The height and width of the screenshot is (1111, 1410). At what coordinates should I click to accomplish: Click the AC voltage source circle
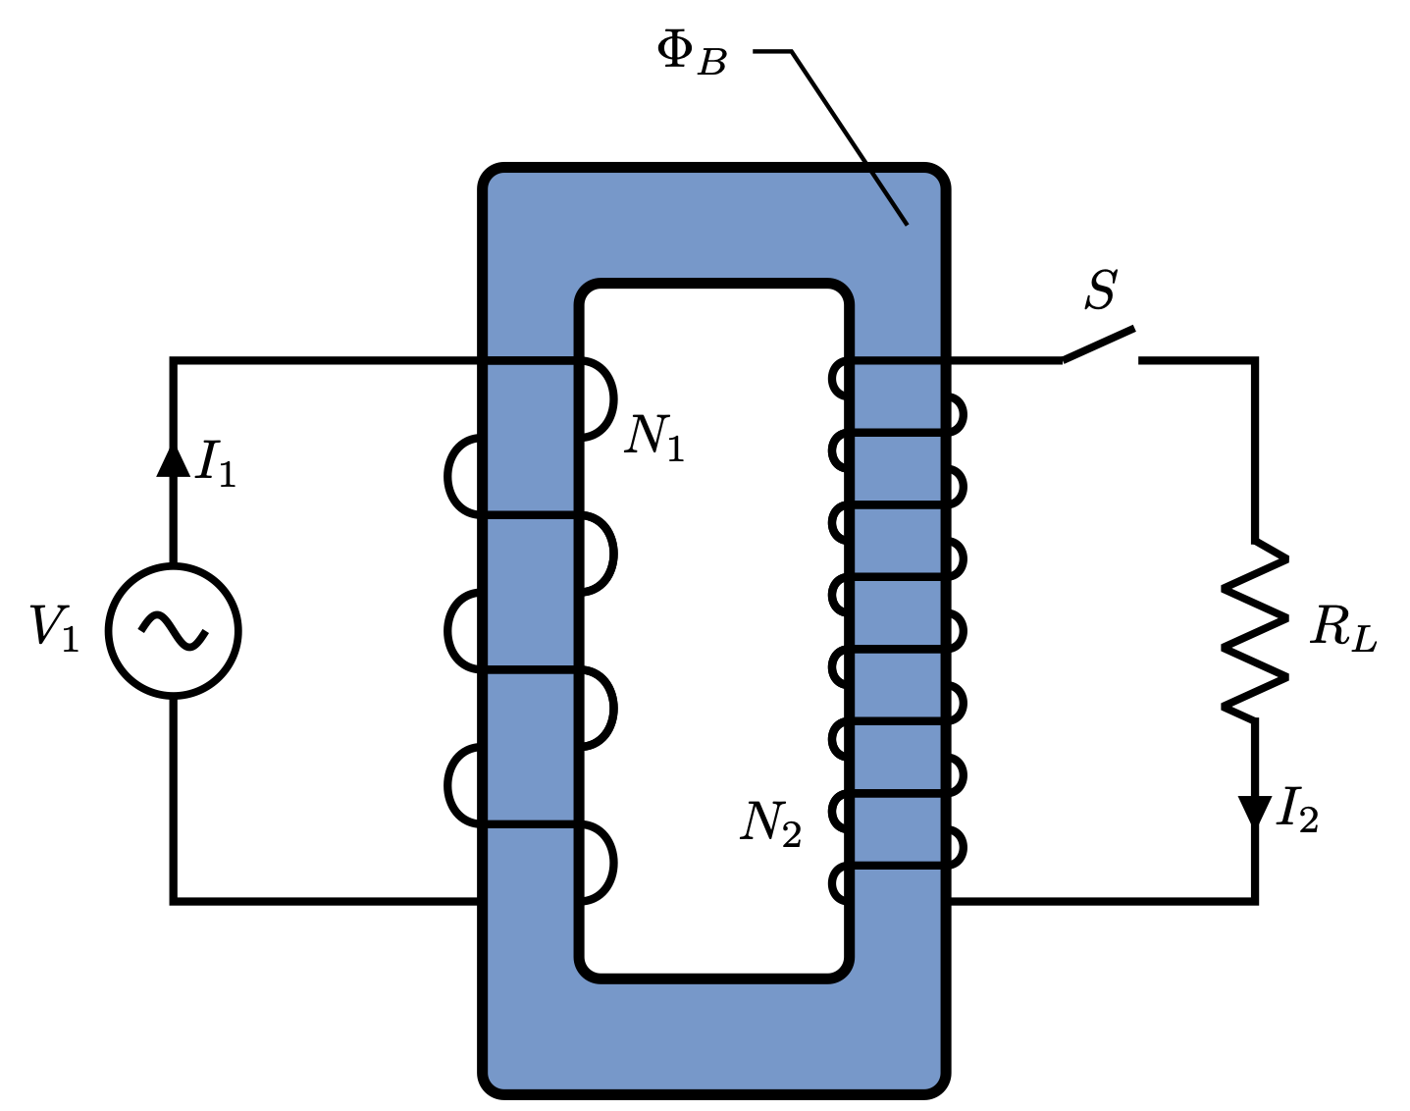click(x=174, y=631)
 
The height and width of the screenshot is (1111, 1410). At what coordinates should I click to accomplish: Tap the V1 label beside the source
click(x=54, y=628)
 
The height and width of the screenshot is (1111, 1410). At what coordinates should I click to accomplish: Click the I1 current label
click(x=216, y=463)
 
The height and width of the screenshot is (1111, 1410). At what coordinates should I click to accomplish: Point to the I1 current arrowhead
click(x=174, y=460)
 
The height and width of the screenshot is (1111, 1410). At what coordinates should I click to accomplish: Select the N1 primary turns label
click(x=654, y=437)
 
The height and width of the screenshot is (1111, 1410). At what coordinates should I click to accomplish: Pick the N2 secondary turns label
click(x=770, y=823)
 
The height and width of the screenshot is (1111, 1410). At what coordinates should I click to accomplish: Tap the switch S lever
click(x=1098, y=345)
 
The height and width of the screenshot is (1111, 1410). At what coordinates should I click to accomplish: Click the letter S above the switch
click(x=1101, y=291)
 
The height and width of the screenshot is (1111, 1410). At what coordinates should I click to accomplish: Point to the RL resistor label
click(x=1343, y=629)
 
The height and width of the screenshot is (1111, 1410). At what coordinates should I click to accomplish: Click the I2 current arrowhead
click(x=1254, y=811)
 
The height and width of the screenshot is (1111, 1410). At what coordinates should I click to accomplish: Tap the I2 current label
click(x=1297, y=811)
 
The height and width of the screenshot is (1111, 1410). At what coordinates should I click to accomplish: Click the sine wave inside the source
click(x=174, y=631)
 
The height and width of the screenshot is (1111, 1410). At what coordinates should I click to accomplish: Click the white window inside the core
click(x=713, y=628)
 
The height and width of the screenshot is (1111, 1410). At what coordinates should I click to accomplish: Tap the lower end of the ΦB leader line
click(x=906, y=224)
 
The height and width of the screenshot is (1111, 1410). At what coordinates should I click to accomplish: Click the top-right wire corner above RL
click(x=1254, y=361)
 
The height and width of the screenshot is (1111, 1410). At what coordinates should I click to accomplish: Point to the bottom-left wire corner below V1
click(x=174, y=899)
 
